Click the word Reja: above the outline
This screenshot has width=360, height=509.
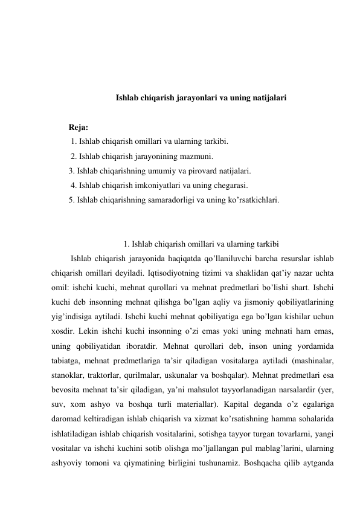click(79, 128)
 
